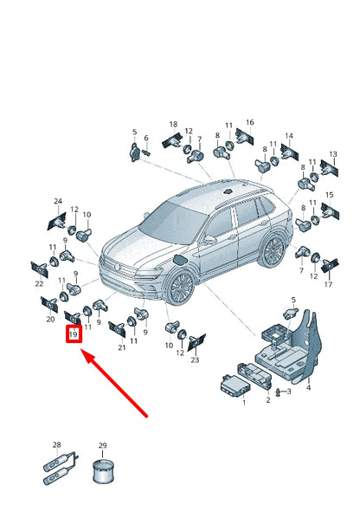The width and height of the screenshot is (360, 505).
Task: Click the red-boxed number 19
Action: [x=74, y=334]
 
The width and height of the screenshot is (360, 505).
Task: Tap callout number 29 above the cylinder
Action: [x=102, y=446]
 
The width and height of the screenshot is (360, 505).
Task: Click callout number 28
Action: [x=56, y=444]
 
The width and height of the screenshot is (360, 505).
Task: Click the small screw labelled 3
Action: [x=278, y=392]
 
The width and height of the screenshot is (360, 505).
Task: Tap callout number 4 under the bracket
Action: [x=308, y=387]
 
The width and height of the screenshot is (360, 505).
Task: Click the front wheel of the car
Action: [x=181, y=287]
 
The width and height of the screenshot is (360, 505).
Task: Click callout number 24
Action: [x=58, y=201]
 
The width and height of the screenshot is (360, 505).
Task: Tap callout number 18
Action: [x=173, y=124]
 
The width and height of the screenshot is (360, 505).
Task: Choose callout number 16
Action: [x=250, y=122]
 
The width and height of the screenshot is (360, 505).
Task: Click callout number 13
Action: [x=333, y=154]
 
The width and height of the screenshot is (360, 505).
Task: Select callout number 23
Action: [x=195, y=359]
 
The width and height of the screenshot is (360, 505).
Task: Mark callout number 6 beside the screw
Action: [x=146, y=138]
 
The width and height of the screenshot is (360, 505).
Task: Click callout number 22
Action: [x=39, y=284]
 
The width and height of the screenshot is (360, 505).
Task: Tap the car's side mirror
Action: [x=209, y=239]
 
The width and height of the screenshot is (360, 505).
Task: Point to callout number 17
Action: [x=328, y=284]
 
